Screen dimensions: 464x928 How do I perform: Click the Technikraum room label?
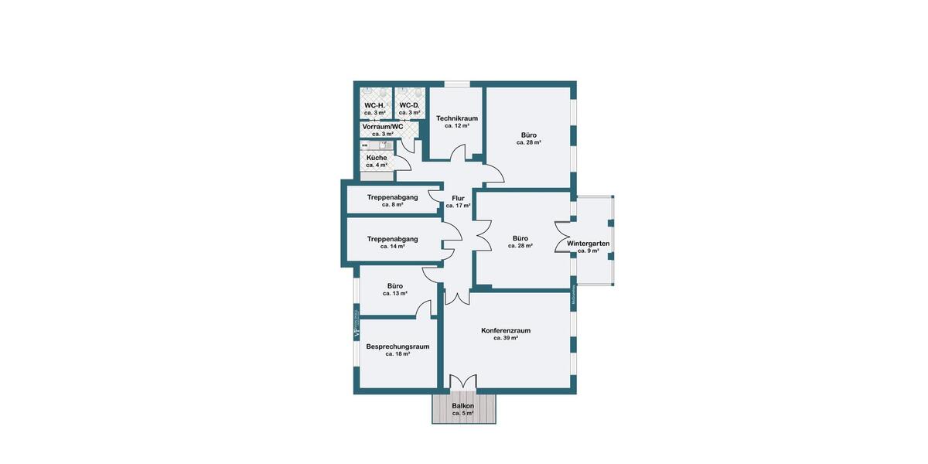click(x=456, y=118)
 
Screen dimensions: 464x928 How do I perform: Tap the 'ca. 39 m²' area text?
click(x=506, y=338)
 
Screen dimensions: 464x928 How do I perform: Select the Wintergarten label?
click(x=589, y=244)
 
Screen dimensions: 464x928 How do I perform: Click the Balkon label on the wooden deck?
click(x=463, y=406)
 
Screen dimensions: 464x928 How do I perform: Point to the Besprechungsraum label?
click(x=397, y=346)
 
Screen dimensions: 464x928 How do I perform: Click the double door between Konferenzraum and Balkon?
click(x=463, y=382)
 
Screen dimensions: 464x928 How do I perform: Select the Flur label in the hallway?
click(x=458, y=198)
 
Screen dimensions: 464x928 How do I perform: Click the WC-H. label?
click(x=374, y=105)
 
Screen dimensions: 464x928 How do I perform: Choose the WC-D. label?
click(x=409, y=105)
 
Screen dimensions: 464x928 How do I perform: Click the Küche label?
click(x=377, y=158)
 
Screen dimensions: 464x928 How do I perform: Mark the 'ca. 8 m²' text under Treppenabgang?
click(x=393, y=205)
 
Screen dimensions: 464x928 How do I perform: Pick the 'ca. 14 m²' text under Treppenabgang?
click(x=393, y=247)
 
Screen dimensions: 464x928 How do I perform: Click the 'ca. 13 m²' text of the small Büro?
click(x=395, y=294)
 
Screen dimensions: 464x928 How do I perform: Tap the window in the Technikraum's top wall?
click(x=457, y=84)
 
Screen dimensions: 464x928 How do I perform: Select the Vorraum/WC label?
click(x=383, y=126)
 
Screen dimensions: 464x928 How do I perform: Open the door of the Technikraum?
click(x=470, y=154)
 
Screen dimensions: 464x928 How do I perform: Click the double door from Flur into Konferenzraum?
click(x=457, y=296)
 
